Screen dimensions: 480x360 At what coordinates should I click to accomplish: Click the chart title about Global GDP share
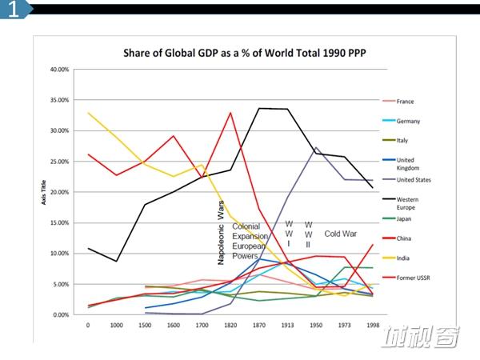pyautogui.click(x=245, y=53)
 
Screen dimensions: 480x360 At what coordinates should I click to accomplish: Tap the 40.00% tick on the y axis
pyautogui.click(x=59, y=70)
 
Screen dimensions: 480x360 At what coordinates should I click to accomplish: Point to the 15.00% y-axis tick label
pyautogui.click(x=59, y=223)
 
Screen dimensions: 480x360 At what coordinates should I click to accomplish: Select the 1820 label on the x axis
pyautogui.click(x=230, y=325)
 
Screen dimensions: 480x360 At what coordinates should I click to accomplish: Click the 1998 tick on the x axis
pyautogui.click(x=373, y=325)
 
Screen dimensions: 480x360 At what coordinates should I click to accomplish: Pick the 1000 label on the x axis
pyautogui.click(x=116, y=325)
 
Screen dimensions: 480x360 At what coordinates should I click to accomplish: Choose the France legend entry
pyautogui.click(x=398, y=102)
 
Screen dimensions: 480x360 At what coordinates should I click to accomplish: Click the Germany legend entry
pyautogui.click(x=402, y=121)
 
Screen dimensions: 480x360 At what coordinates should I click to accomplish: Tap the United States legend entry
pyautogui.click(x=407, y=180)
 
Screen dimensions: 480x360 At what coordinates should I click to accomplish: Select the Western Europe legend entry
pyautogui.click(x=401, y=203)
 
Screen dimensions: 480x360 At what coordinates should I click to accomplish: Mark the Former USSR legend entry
pyautogui.click(x=406, y=278)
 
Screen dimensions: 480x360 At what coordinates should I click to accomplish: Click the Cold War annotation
pyautogui.click(x=341, y=234)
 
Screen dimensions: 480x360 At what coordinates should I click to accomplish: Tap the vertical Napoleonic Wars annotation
pyautogui.click(x=221, y=233)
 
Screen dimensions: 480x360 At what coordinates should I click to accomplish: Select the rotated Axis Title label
pyautogui.click(x=43, y=192)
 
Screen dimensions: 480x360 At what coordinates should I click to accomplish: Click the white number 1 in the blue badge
pyautogui.click(x=13, y=9)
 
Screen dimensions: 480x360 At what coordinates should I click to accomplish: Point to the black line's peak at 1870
pyautogui.click(x=259, y=108)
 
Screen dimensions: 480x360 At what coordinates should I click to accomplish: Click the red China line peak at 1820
pyautogui.click(x=230, y=113)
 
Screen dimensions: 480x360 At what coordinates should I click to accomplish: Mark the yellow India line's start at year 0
pyautogui.click(x=88, y=113)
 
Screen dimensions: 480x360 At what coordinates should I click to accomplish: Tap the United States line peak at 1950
pyautogui.click(x=316, y=147)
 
